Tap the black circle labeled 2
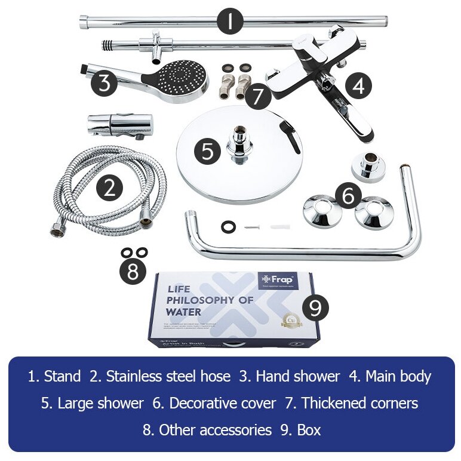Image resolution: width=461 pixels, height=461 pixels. (109, 188)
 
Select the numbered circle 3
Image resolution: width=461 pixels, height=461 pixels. (105, 82)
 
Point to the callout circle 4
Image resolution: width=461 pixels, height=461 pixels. (358, 87)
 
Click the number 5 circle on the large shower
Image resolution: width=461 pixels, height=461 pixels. (207, 150)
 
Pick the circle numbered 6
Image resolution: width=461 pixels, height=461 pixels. (348, 195)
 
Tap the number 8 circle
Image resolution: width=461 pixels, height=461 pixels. (133, 272)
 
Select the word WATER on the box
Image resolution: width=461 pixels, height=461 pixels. (184, 312)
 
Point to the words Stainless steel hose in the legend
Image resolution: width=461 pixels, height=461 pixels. (160, 377)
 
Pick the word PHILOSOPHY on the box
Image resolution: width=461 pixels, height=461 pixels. (210, 300)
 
